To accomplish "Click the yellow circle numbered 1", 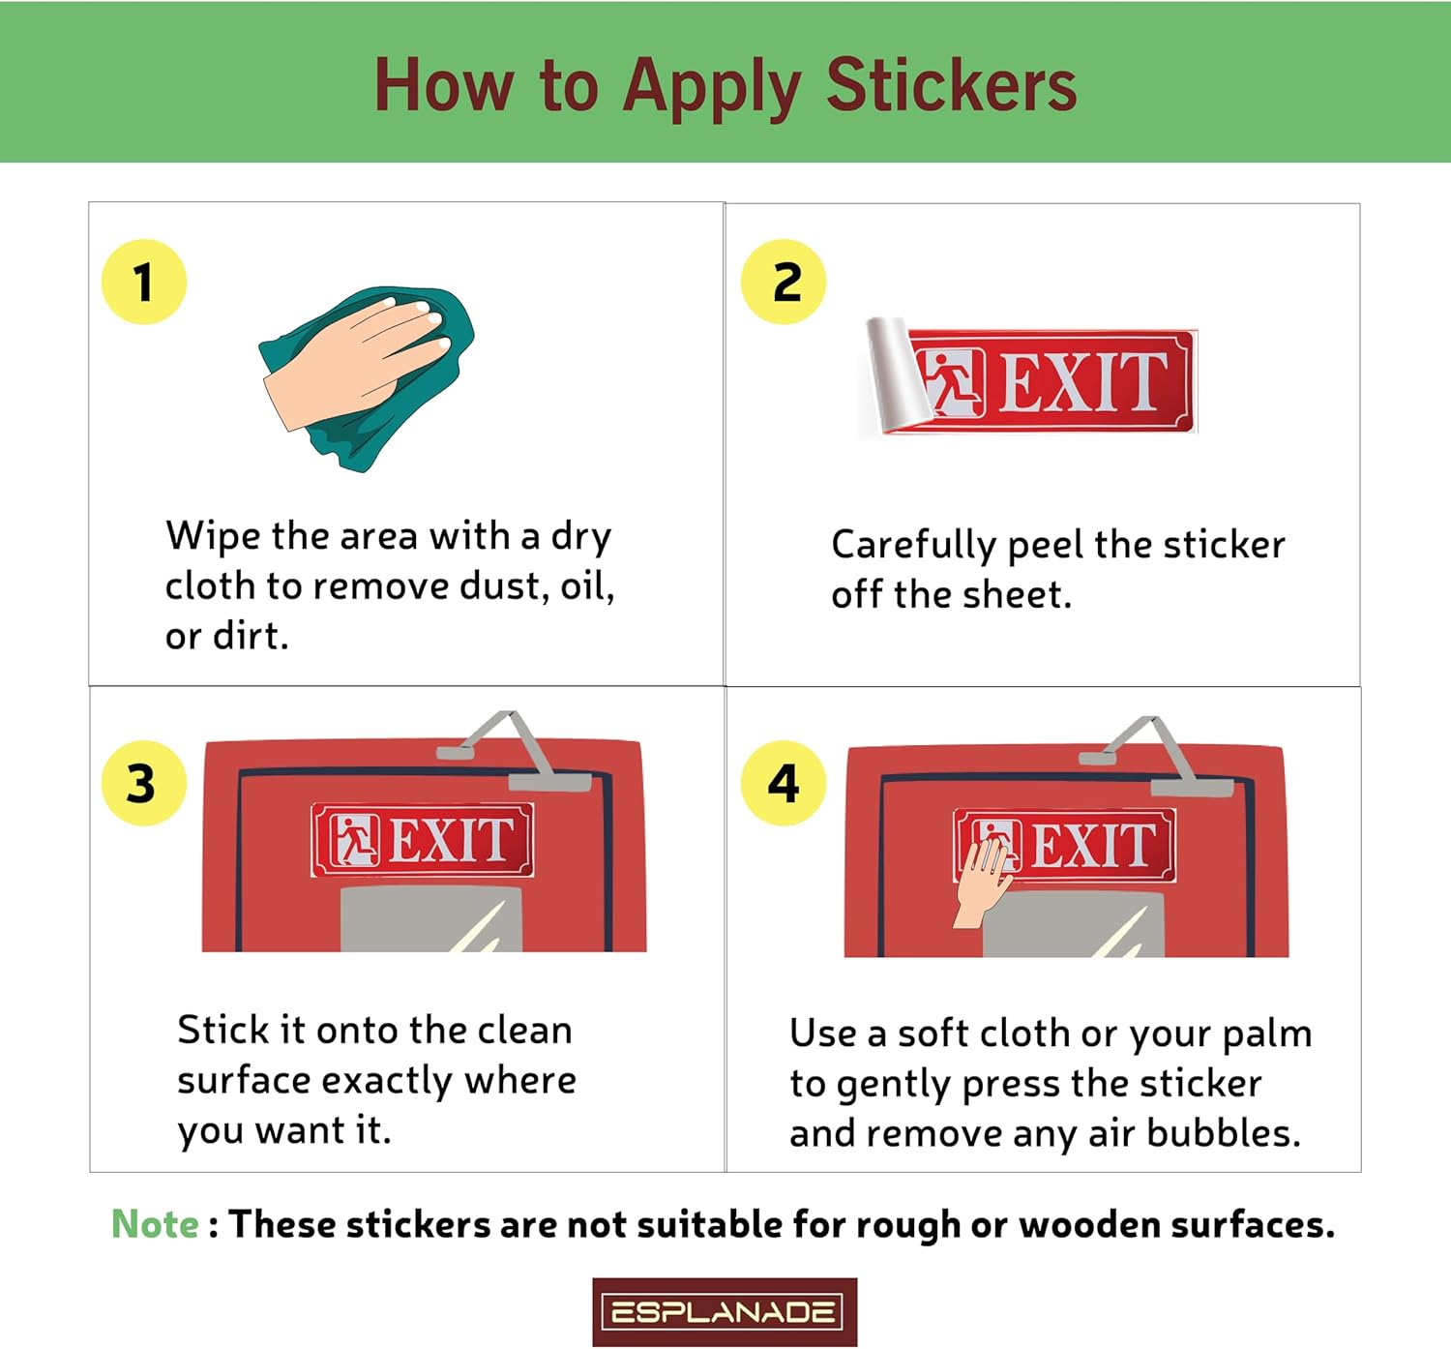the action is [x=144, y=282].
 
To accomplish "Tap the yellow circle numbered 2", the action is [x=784, y=282].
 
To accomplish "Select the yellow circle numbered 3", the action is [x=144, y=783].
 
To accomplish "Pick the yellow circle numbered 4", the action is [x=784, y=783].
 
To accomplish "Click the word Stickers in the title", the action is [x=951, y=86].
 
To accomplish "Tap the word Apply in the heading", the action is [x=712, y=89].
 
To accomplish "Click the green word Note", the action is [x=155, y=1224].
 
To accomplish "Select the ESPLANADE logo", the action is [x=725, y=1312].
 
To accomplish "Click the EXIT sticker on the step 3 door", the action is [x=423, y=839].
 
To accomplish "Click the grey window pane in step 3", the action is [x=431, y=919].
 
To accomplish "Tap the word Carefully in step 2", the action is [x=914, y=546].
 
